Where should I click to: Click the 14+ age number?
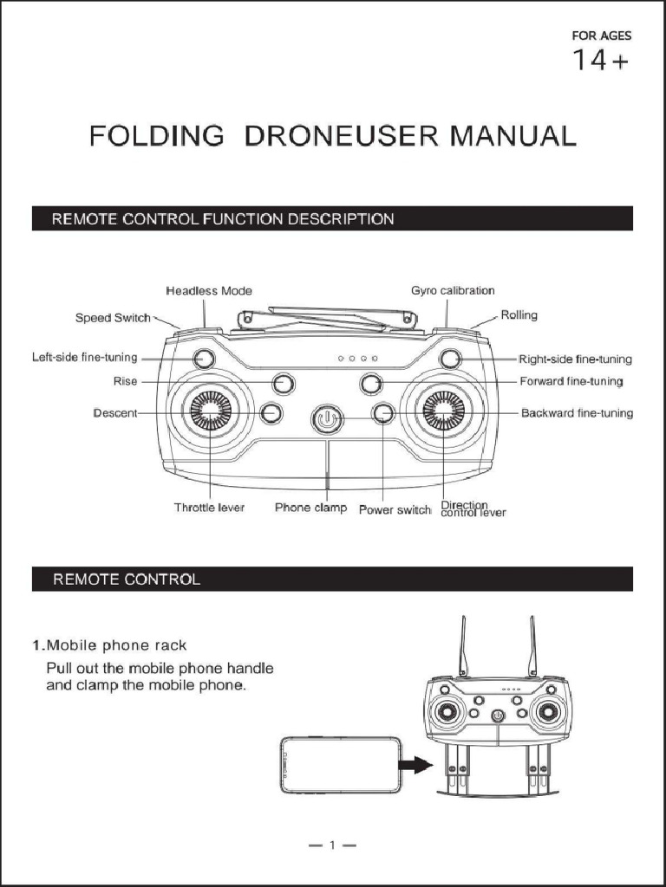pyautogui.click(x=600, y=62)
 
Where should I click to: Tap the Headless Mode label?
pyautogui.click(x=209, y=291)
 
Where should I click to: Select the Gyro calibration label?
pyautogui.click(x=453, y=290)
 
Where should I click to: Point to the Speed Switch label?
pyautogui.click(x=113, y=318)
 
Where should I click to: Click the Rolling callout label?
pyautogui.click(x=519, y=314)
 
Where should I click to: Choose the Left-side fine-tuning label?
pyautogui.click(x=84, y=358)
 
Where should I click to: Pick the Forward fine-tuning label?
pyautogui.click(x=571, y=381)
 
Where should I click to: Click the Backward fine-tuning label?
pyautogui.click(x=577, y=413)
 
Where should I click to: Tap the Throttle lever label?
pyautogui.click(x=209, y=508)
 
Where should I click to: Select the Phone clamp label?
pyautogui.click(x=310, y=508)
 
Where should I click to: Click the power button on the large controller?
pyautogui.click(x=325, y=419)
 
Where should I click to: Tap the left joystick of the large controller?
pyautogui.click(x=210, y=410)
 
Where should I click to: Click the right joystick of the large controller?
pyautogui.click(x=443, y=410)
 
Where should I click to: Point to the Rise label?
pyautogui.click(x=125, y=381)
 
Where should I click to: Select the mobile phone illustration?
pyautogui.click(x=341, y=765)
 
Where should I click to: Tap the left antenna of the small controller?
pyautogui.click(x=464, y=645)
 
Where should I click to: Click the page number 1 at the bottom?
pyautogui.click(x=332, y=845)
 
